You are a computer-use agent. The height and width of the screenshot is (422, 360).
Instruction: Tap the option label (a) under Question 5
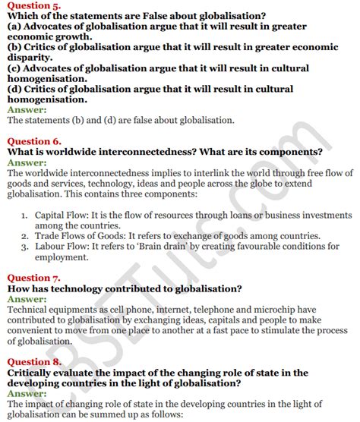14,28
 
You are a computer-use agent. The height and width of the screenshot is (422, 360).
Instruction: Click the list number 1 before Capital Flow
26,216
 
